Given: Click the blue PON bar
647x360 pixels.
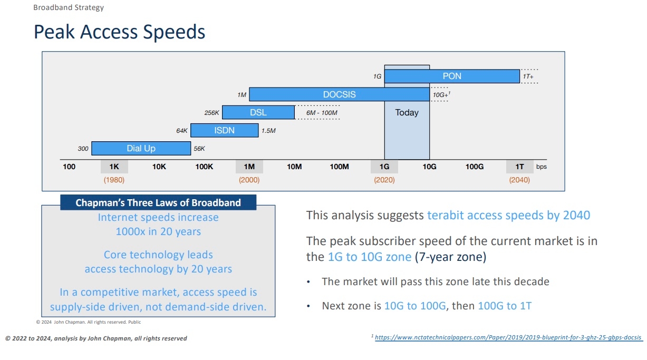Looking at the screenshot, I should [x=452, y=76].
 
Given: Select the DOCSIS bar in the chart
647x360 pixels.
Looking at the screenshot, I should [x=339, y=94].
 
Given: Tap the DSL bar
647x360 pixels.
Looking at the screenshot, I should [x=258, y=112].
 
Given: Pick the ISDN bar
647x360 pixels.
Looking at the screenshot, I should [x=224, y=130].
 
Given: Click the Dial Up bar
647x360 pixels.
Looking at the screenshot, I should [x=141, y=149].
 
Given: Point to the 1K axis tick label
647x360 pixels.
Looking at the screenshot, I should [x=114, y=167].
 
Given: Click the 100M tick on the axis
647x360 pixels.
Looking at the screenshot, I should [x=339, y=167].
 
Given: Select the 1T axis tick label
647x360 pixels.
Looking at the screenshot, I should [x=519, y=167].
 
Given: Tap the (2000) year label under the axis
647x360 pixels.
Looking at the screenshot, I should [x=249, y=180].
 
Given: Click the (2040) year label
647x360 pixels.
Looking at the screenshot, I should [x=519, y=180].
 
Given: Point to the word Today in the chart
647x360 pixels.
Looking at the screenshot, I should [x=407, y=112].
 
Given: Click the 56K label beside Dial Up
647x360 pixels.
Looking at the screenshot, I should [x=199, y=149].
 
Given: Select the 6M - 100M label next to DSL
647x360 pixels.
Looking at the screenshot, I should [x=322, y=113].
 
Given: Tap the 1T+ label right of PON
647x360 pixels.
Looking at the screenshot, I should [x=528, y=76].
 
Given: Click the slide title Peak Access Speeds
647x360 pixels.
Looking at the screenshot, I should [x=119, y=32].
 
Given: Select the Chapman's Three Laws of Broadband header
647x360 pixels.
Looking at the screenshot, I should [x=158, y=202].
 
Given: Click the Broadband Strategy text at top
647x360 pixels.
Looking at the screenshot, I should [x=69, y=7].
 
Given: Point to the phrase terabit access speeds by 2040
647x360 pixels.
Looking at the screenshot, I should [x=508, y=215].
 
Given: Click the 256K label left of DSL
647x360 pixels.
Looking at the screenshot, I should [x=211, y=113].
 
